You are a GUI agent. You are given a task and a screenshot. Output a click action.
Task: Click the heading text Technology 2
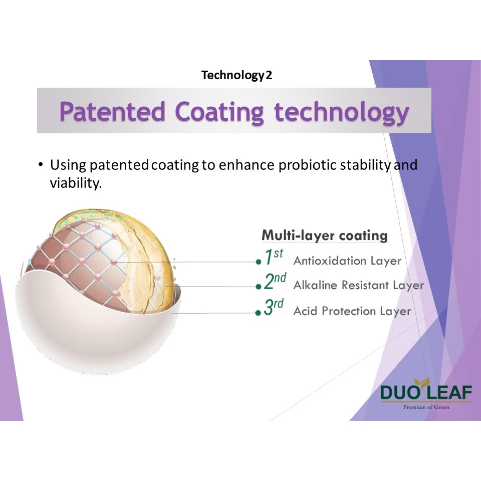point(236,75)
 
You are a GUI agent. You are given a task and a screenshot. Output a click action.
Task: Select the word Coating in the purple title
point(219,113)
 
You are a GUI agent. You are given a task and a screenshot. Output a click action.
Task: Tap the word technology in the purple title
point(342,113)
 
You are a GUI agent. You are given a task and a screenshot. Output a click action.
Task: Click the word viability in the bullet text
point(76,183)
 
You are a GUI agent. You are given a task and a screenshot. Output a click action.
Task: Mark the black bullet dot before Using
point(41,164)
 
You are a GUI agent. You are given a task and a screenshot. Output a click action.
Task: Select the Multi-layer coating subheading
point(325,235)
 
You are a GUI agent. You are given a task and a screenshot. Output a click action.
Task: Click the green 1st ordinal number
point(274,257)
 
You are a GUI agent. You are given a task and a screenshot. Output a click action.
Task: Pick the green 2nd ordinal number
point(275,281)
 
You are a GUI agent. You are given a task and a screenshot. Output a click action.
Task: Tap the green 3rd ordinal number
point(274,307)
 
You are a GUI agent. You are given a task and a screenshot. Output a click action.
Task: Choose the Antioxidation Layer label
point(347,261)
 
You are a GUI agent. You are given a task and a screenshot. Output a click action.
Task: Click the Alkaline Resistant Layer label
point(359,285)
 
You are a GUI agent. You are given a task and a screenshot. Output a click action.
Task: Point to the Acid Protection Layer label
point(352,311)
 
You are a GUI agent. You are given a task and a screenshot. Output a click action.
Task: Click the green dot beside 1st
point(259,262)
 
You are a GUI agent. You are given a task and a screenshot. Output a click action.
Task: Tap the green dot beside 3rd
point(259,313)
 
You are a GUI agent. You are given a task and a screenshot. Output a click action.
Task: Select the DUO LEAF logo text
point(426,392)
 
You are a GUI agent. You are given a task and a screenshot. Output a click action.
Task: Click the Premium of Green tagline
point(426,407)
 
